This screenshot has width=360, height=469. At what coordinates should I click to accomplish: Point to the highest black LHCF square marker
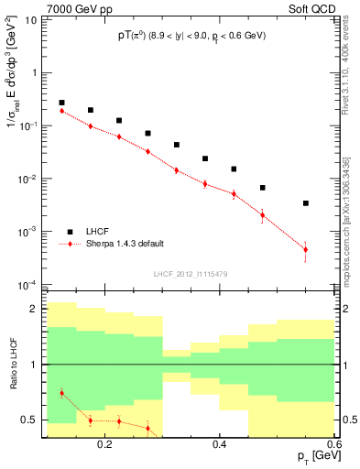coord(61,103)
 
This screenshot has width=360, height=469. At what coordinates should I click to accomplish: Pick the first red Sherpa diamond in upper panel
coord(61,111)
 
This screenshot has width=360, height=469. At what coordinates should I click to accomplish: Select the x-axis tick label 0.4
coord(219,443)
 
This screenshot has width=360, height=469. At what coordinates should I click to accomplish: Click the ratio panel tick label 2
coord(35,310)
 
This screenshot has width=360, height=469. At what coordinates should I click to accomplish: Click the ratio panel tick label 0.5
coord(30,420)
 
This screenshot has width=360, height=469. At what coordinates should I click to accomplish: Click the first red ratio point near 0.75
coord(61,393)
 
